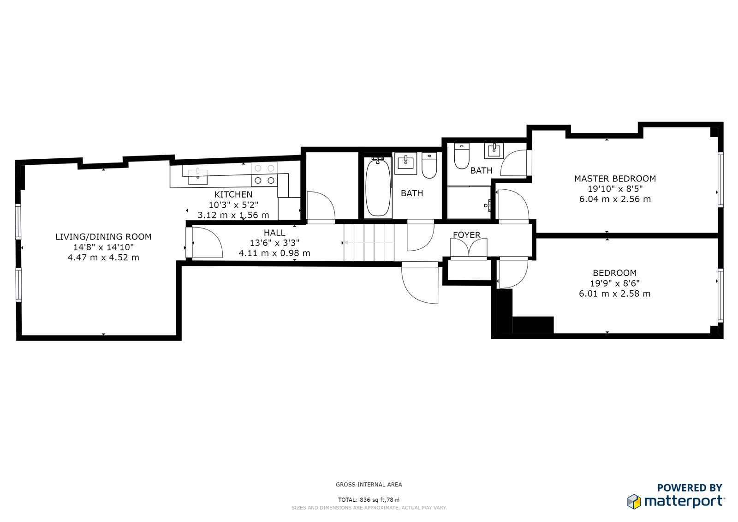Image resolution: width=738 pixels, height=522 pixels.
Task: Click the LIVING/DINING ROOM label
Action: click(x=103, y=237)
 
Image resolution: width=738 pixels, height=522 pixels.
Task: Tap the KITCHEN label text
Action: click(x=233, y=194)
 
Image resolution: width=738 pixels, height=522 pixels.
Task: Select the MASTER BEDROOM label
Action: click(x=615, y=179)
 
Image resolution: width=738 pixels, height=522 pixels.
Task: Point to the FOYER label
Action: click(x=466, y=235)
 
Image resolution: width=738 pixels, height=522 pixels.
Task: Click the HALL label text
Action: click(x=274, y=233)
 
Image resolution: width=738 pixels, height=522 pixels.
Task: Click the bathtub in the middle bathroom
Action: click(x=378, y=187)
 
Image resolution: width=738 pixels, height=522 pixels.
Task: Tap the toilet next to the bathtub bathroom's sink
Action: click(x=429, y=166)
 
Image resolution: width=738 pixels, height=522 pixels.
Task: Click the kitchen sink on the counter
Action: click(x=198, y=177)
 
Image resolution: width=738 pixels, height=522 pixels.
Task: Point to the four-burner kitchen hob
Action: click(x=265, y=174)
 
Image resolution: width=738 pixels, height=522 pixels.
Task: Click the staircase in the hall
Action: click(x=369, y=242)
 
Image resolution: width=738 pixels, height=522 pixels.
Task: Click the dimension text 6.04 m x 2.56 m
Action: click(x=615, y=199)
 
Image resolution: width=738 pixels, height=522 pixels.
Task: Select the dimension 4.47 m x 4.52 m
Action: click(x=103, y=258)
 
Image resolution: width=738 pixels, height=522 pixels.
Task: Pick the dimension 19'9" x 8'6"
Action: click(x=615, y=283)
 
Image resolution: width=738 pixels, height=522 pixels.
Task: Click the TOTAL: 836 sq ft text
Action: click(x=368, y=499)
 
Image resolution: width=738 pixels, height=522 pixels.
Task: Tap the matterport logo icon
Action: click(x=634, y=501)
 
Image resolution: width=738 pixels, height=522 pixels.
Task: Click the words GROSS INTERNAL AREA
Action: click(x=369, y=485)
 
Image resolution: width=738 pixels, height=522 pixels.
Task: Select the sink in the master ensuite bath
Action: click(x=494, y=150)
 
